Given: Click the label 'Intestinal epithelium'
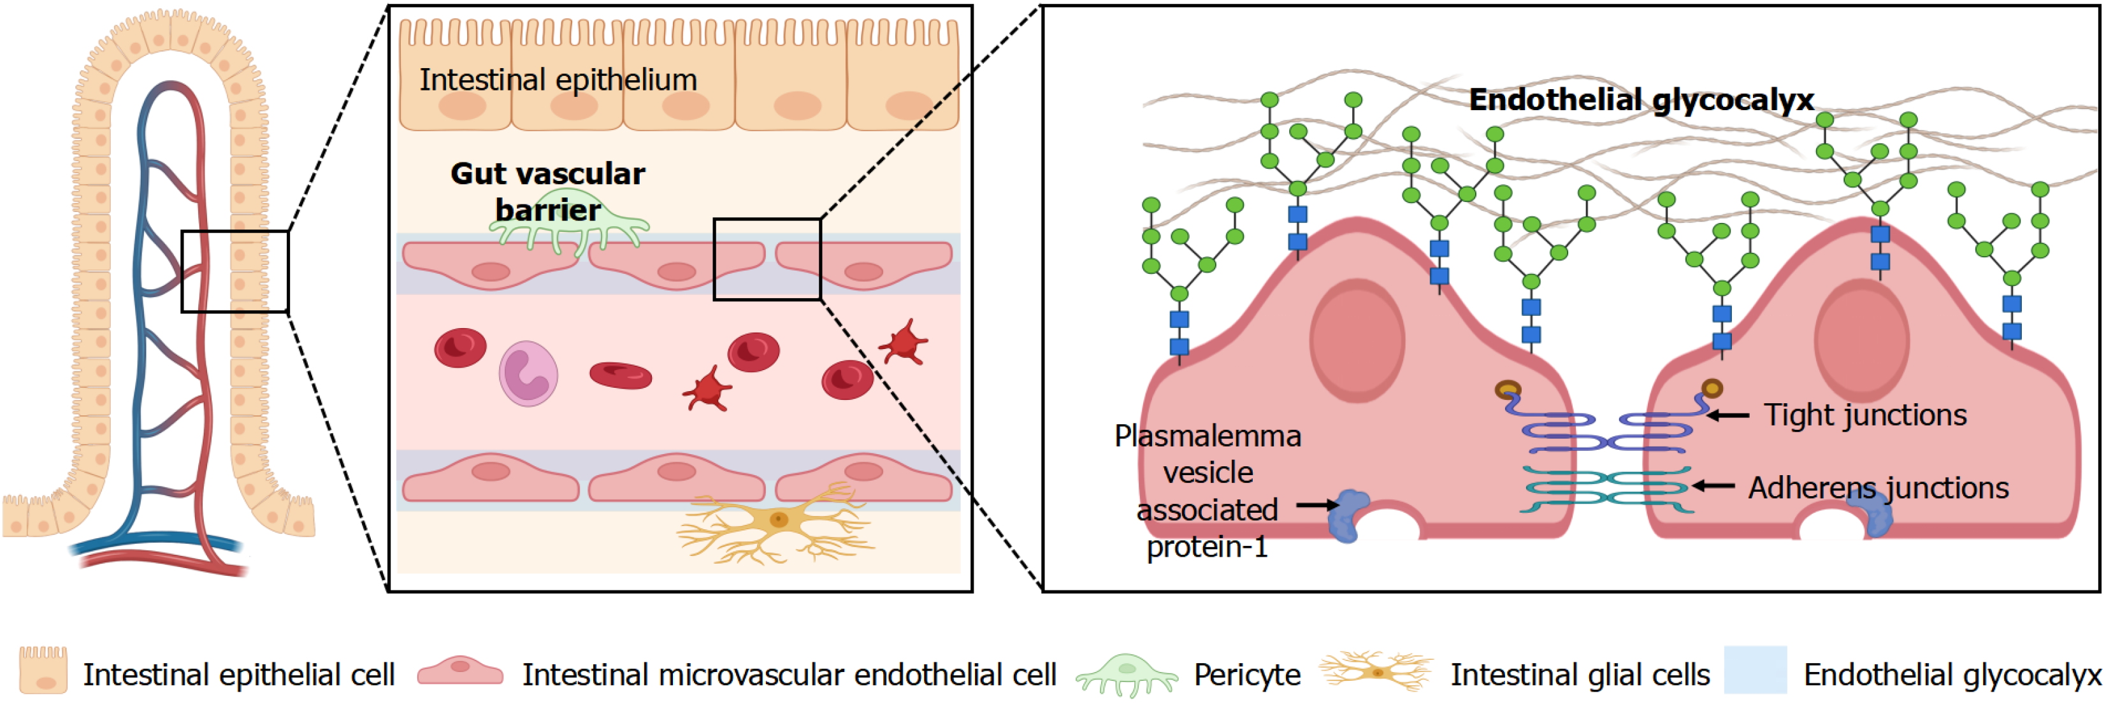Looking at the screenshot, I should pyautogui.click(x=558, y=80).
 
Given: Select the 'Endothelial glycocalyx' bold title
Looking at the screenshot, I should pyautogui.click(x=1641, y=100).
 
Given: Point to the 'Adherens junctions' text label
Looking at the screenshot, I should pyautogui.click(x=1878, y=488).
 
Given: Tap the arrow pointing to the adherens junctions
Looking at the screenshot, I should pyautogui.click(x=1713, y=487).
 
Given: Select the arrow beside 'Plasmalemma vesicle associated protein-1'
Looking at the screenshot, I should pyautogui.click(x=1316, y=505).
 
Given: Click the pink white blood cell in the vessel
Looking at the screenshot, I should pyautogui.click(x=528, y=373).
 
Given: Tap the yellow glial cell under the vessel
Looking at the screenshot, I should pyautogui.click(x=777, y=520).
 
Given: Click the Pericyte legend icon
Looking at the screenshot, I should pyautogui.click(x=1127, y=675).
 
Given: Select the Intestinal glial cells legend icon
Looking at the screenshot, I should pyautogui.click(x=1376, y=672).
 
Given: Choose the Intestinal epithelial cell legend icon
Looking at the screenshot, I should pyautogui.click(x=43, y=670).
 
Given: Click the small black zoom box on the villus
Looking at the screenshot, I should pyautogui.click(x=234, y=271).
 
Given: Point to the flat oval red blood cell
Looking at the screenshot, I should pyautogui.click(x=621, y=375).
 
